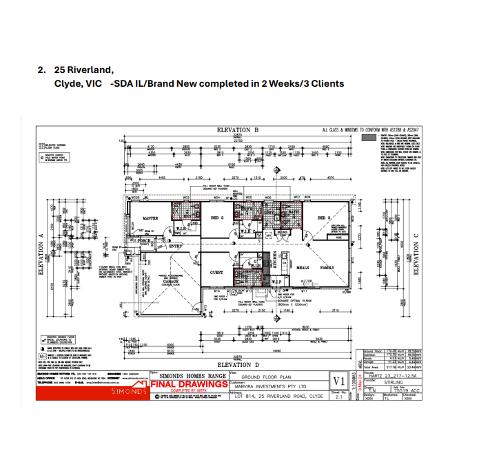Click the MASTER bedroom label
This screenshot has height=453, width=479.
150,218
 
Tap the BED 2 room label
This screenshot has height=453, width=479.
217,218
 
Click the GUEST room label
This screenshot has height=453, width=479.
216,273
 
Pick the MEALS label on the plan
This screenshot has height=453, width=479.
303,267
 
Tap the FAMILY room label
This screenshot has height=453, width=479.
327,267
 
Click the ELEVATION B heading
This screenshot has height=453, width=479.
238,130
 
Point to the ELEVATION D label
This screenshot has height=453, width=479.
238,364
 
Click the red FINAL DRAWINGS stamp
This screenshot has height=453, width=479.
189,384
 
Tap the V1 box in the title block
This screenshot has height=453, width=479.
338,381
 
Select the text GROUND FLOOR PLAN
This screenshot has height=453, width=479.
267,377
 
